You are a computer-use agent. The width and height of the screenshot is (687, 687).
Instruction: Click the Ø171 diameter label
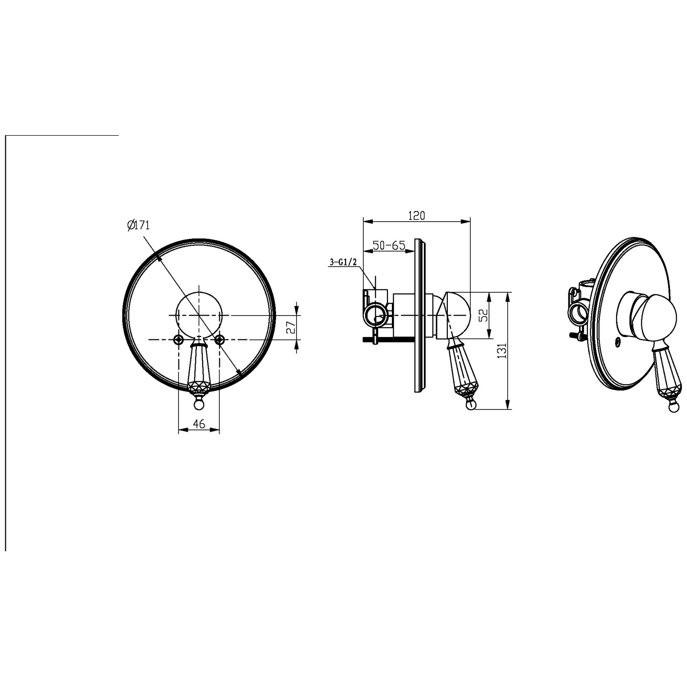pyautogui.click(x=139, y=226)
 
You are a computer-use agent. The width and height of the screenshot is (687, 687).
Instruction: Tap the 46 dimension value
pyautogui.click(x=199, y=423)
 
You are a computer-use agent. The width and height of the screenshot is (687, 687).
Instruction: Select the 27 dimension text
pyautogui.click(x=291, y=327)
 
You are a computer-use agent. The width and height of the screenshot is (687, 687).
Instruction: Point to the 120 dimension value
pyautogui.click(x=416, y=215)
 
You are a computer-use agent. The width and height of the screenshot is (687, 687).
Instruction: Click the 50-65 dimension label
pyautogui.click(x=389, y=245)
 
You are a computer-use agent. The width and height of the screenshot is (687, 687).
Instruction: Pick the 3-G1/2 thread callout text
pyautogui.click(x=343, y=263)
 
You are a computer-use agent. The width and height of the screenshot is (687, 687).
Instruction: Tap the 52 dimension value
pyautogui.click(x=483, y=315)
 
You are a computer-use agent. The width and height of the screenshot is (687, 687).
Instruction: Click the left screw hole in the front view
pyautogui.click(x=178, y=340)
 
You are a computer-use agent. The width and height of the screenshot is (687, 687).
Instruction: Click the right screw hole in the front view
pyautogui.click(x=220, y=340)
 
